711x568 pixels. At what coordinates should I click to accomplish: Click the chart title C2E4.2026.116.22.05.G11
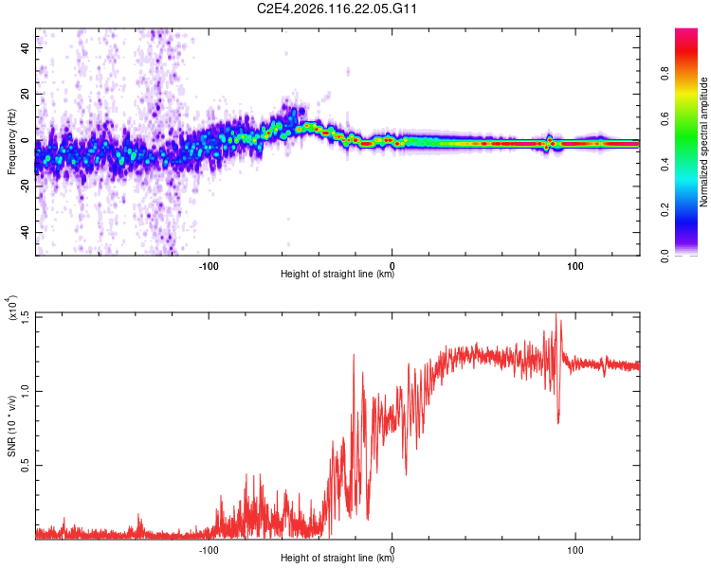(337, 9)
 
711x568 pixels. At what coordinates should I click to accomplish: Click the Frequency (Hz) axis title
(11, 141)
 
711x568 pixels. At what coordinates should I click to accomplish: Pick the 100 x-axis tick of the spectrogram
(574, 265)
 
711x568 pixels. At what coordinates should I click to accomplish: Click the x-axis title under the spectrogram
(337, 275)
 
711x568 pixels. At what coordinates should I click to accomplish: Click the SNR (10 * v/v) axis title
(11, 425)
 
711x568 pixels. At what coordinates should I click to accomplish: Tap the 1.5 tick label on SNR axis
(25, 315)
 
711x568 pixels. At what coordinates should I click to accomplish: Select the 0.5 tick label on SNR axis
(25, 465)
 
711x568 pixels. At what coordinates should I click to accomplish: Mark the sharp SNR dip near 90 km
(558, 419)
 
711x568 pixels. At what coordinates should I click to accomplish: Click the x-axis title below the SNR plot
(337, 559)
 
